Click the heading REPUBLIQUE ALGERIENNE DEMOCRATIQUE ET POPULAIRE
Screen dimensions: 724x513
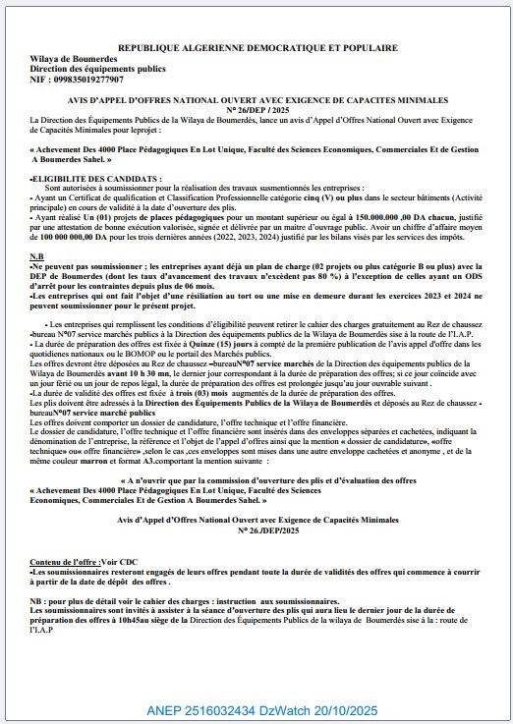click(x=257, y=47)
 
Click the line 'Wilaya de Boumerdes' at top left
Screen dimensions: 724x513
click(x=74, y=58)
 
